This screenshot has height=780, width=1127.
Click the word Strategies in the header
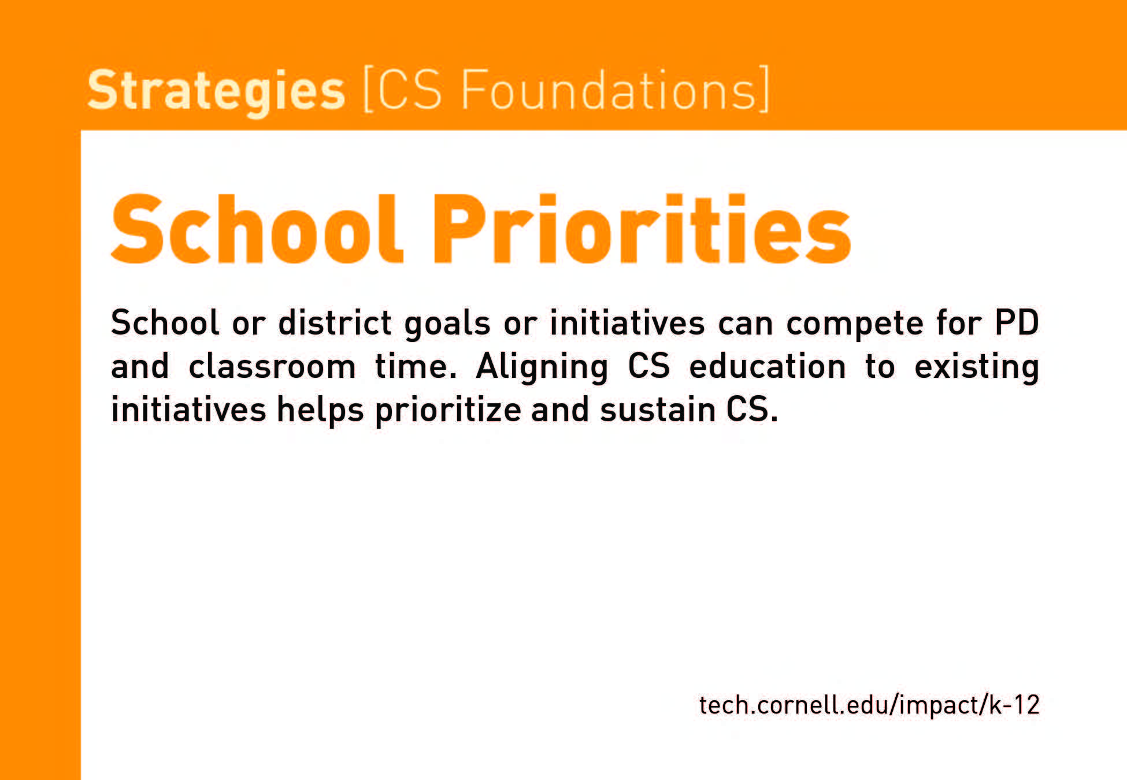(216, 91)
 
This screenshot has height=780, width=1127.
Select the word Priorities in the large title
(642, 229)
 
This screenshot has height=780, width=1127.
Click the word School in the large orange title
(257, 229)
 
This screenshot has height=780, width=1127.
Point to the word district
(335, 322)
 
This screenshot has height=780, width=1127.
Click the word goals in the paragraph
(447, 324)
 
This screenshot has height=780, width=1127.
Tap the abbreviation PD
(1017, 322)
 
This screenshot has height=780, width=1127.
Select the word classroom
(272, 366)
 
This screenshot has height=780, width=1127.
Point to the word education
(768, 366)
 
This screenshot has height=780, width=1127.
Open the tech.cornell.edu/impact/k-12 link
(869, 705)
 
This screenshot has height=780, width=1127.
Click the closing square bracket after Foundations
(763, 90)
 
